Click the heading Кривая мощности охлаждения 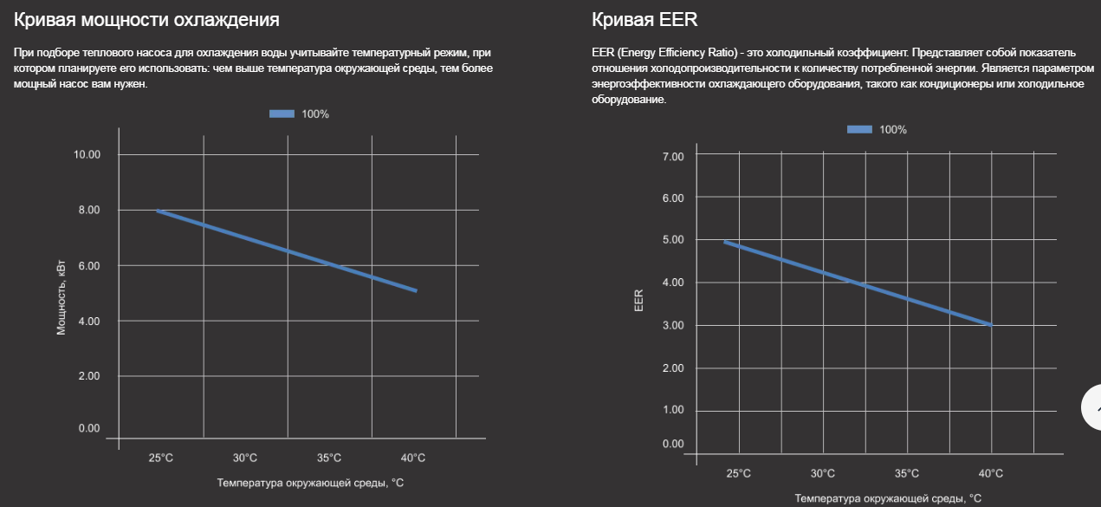[x=146, y=18]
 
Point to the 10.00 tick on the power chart [x=86, y=154]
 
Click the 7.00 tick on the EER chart [x=672, y=156]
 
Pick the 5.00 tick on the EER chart [x=672, y=239]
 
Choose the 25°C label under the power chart [x=161, y=458]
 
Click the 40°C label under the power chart [x=412, y=458]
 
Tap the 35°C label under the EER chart [x=906, y=473]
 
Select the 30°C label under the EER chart [x=822, y=473]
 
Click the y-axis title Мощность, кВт [x=62, y=300]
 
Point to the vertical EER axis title [x=638, y=300]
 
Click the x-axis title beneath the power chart [x=310, y=483]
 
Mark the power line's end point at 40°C [x=416, y=290]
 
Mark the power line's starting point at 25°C [x=159, y=211]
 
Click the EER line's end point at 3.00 [x=990, y=325]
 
